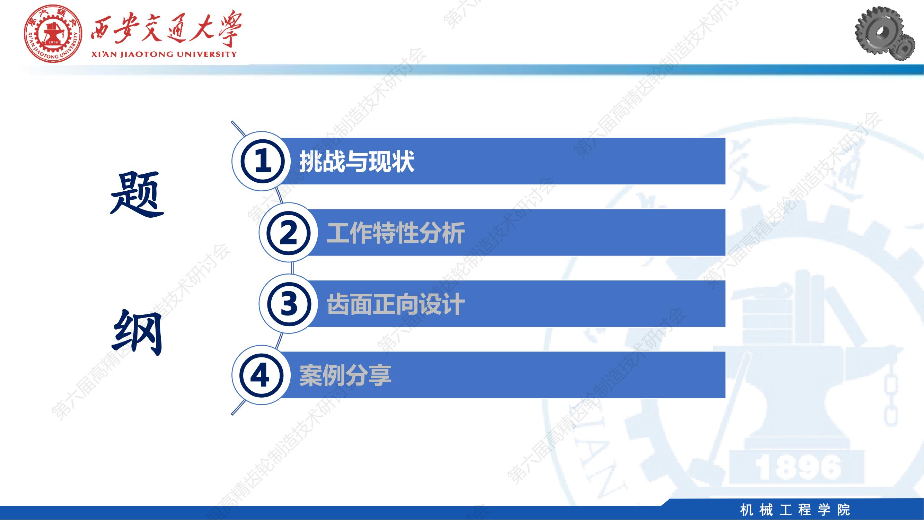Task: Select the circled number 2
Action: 288,233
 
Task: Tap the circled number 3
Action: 288,304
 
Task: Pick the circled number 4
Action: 261,375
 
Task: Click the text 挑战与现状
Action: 357,162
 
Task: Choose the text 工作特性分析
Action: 396,233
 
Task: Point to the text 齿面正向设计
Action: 396,304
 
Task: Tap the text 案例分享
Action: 345,375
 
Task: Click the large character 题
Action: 137,194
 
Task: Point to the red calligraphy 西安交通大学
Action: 166,30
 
